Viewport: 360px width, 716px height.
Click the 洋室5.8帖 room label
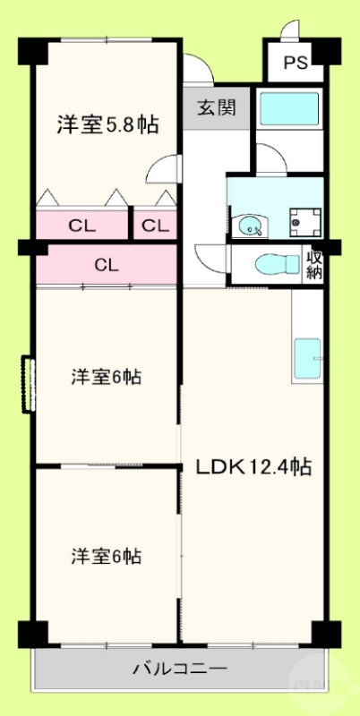pos(107,124)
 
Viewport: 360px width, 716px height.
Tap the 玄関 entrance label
pos(216,109)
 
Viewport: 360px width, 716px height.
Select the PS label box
pos(295,63)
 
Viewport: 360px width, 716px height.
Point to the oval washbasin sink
pos(248,226)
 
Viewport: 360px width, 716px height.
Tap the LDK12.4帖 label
pos(253,467)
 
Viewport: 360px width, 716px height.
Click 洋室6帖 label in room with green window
pos(107,377)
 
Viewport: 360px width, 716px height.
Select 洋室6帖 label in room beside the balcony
pos(107,556)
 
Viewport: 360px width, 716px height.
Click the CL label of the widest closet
pos(107,265)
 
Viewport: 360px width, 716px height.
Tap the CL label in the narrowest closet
pos(154,225)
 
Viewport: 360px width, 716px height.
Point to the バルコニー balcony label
pos(180,668)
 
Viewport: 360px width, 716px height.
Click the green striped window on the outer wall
pos(29,385)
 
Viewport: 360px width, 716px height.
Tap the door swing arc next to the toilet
pos(208,259)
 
